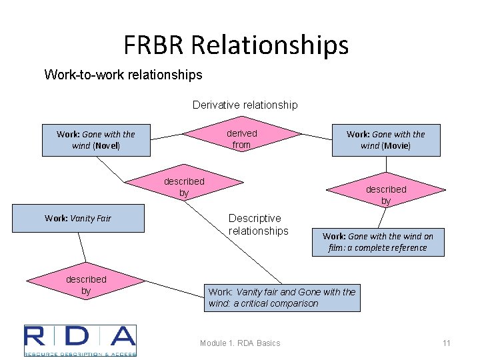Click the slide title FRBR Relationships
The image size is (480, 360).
click(236, 45)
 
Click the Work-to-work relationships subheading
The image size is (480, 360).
click(123, 75)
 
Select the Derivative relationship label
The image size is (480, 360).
click(245, 105)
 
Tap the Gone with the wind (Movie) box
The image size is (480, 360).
click(386, 140)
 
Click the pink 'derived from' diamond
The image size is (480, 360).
click(241, 139)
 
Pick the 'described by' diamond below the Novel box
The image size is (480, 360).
click(184, 187)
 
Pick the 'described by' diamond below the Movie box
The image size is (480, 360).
click(385, 194)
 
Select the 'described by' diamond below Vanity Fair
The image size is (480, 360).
click(86, 285)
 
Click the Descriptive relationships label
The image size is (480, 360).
click(257, 225)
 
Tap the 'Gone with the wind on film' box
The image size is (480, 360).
click(377, 242)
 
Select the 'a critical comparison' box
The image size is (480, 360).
click(282, 297)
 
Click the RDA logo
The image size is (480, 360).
click(80, 341)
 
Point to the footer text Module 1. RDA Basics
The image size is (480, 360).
click(240, 343)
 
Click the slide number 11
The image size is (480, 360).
click(447, 343)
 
